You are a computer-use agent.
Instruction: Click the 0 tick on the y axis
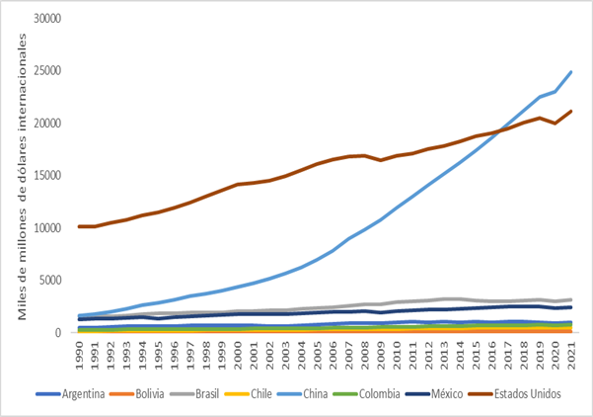(x=58, y=333)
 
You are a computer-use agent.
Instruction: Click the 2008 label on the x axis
(x=364, y=354)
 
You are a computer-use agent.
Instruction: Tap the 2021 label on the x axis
(x=569, y=354)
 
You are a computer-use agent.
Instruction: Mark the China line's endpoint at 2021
(x=570, y=72)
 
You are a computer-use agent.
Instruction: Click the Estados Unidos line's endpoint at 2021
(x=570, y=112)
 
